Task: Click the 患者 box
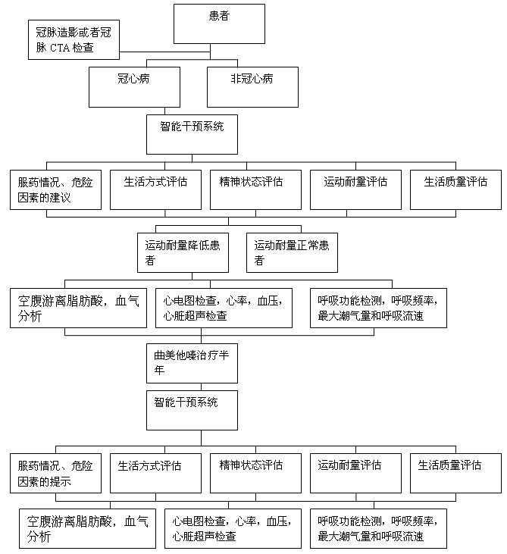(219, 23)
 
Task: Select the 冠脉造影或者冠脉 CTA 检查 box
(74, 39)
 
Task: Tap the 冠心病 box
(134, 87)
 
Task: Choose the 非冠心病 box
(252, 87)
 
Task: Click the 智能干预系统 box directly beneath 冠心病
(192, 134)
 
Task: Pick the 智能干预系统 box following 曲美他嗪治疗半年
(192, 410)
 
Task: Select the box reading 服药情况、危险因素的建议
(55, 189)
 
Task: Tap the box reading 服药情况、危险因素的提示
(55, 473)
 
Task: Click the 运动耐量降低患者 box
(183, 252)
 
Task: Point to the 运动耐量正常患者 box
(292, 252)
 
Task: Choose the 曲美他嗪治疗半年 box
(192, 363)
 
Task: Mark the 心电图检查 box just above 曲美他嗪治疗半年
(224, 308)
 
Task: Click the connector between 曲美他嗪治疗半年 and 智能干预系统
(202, 387)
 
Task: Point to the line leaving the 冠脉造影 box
(164, 52)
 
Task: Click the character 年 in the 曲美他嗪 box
(159, 371)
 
